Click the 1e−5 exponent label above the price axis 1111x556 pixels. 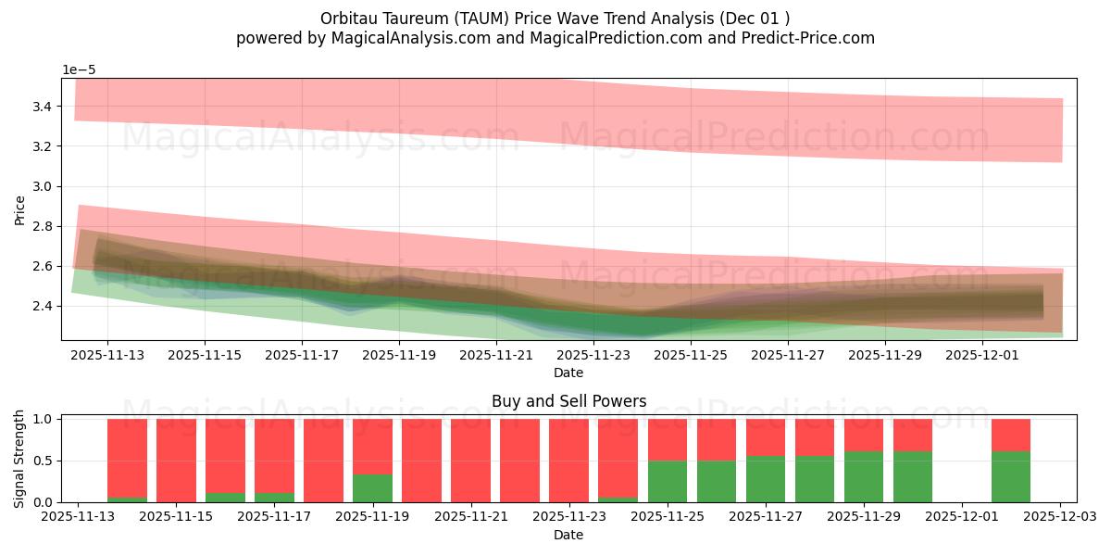click(x=80, y=70)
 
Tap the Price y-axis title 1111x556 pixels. click(x=20, y=209)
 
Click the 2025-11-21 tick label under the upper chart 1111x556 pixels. click(x=496, y=354)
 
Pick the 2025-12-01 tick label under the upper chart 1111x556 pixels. click(x=982, y=354)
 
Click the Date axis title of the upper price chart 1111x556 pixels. click(x=568, y=373)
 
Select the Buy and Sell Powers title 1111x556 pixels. click(x=568, y=401)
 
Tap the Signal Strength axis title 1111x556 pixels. click(x=20, y=460)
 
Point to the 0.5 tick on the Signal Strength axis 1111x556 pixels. click(x=43, y=461)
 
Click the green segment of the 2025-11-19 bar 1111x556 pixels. click(x=372, y=488)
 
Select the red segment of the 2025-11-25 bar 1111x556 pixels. click(x=667, y=439)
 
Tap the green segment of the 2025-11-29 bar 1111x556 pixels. click(x=863, y=477)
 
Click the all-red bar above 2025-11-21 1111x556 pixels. click(x=470, y=461)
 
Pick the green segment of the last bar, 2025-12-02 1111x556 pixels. click(x=1010, y=477)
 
